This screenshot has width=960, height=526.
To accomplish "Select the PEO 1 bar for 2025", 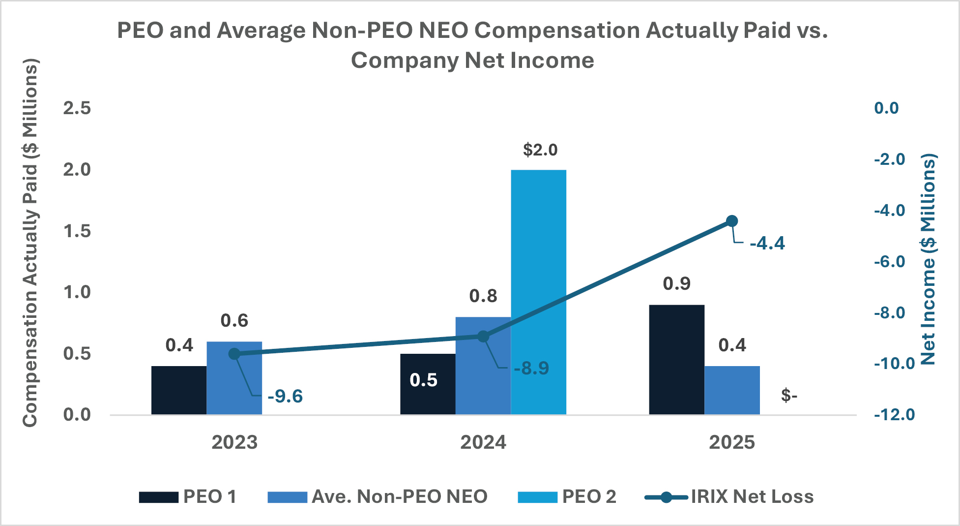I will [676, 360].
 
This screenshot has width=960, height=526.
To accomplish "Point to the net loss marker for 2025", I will [732, 221].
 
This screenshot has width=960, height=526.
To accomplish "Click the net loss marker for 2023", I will [234, 354].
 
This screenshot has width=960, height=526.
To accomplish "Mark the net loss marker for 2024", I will [483, 337].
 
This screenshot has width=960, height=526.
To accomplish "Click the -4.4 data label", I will [767, 244].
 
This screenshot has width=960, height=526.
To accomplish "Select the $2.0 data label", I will [540, 150].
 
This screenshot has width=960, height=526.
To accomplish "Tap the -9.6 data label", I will [285, 396].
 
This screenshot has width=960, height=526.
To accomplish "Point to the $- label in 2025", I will [789, 395].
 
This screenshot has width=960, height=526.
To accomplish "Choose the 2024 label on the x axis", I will [483, 442].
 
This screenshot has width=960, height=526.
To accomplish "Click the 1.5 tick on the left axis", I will [77, 231].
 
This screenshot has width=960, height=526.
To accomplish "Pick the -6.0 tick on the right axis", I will [889, 261].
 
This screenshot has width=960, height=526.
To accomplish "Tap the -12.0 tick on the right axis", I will [894, 414].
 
